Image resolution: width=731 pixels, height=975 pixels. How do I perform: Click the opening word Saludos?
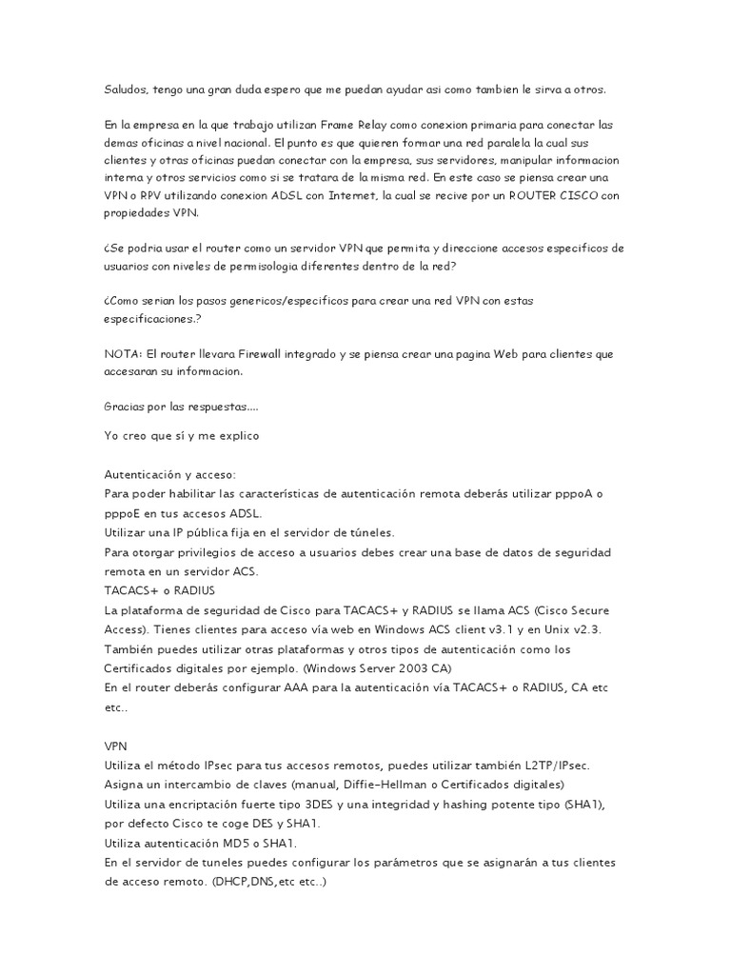click(x=126, y=90)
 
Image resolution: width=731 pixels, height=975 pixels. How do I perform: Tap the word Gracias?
click(x=125, y=406)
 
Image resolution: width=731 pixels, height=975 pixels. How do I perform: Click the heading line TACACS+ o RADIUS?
click(x=159, y=590)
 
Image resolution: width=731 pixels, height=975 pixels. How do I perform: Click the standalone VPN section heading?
click(x=115, y=745)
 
